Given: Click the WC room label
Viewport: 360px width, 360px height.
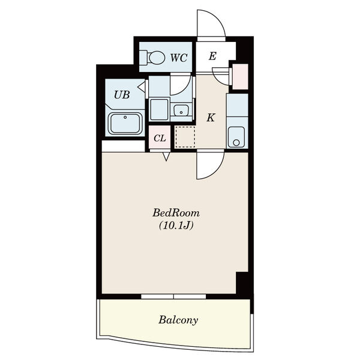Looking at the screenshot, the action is (179, 58).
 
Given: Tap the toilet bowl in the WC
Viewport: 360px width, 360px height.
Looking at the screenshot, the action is (157, 58).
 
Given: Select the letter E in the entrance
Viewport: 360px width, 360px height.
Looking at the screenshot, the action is (212, 56).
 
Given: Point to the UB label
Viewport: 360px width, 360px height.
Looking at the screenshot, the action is (122, 95).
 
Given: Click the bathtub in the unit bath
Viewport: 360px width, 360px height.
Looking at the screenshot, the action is (125, 123).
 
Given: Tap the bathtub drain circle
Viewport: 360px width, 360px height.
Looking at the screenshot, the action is (125, 118).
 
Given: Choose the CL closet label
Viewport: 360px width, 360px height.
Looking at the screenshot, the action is (160, 138).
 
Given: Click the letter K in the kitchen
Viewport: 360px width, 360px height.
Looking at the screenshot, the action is (211, 118).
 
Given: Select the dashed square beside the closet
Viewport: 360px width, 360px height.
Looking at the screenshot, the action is (185, 137).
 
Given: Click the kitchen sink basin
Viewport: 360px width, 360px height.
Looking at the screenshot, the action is (236, 137).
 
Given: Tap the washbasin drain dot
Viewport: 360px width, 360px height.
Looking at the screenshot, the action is (181, 113).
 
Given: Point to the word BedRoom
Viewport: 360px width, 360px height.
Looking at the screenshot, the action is (176, 213).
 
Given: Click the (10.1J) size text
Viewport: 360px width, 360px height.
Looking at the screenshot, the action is (176, 226).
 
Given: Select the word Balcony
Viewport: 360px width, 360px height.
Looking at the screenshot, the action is (178, 320).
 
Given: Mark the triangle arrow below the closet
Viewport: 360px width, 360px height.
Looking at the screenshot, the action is (166, 157).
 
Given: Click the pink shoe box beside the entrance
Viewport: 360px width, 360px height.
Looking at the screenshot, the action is (240, 77).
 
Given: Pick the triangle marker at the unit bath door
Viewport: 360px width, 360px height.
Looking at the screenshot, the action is (142, 87).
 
